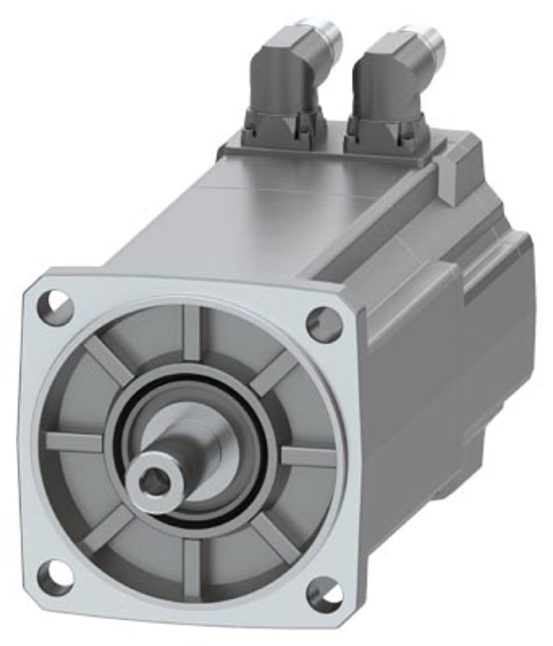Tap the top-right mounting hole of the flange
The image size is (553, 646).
(x=325, y=324)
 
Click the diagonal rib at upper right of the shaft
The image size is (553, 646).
(x=275, y=373)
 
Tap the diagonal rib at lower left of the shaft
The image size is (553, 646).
(x=108, y=530)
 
